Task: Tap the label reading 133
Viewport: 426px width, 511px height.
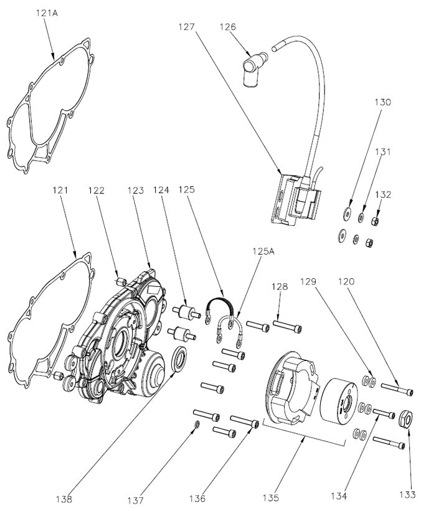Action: click(409, 495)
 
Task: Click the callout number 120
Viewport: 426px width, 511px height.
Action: click(347, 281)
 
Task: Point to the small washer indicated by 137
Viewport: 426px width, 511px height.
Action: click(196, 424)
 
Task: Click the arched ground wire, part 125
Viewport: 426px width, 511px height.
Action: click(220, 305)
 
